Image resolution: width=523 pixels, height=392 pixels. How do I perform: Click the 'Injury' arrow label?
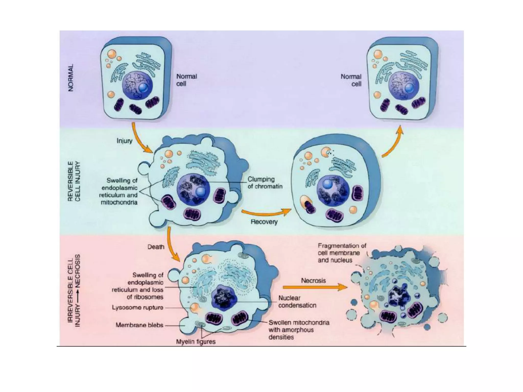124,141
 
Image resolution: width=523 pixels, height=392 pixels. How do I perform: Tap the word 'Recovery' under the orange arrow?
264,222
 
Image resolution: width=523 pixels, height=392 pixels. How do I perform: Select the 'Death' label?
156,247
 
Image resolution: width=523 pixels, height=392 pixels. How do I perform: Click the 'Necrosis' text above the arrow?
313,280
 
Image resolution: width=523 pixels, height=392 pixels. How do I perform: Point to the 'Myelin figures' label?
196,341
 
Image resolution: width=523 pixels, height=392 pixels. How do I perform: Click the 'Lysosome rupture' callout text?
137,307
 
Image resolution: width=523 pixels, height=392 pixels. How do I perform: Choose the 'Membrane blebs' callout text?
139,325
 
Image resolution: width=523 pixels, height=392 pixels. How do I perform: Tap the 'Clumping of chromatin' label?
265,183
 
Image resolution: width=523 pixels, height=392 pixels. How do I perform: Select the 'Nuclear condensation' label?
297,301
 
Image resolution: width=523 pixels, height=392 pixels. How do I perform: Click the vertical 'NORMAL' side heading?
71,77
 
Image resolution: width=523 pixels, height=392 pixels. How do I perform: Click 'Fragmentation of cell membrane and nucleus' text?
342,253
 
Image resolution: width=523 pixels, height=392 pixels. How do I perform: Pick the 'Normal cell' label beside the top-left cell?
186,80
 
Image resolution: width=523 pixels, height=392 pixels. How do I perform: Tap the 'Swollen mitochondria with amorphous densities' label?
299,330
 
